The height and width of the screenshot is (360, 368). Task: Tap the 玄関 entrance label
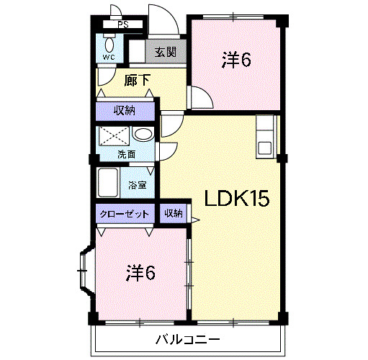[165, 52]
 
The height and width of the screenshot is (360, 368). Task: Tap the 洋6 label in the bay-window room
[141, 274]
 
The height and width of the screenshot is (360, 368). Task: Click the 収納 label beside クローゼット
[173, 214]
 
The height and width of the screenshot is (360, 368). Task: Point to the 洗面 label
[126, 153]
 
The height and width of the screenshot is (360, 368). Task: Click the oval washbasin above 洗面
[142, 134]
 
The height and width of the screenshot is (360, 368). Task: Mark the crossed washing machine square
[113, 136]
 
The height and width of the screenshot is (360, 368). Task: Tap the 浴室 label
[138, 185]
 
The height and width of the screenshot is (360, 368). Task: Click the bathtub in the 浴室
[108, 184]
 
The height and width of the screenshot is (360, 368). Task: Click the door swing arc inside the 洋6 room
[199, 96]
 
